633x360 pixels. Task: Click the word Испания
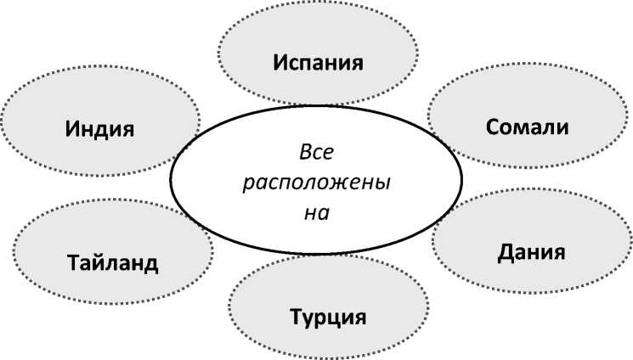tap(318, 63)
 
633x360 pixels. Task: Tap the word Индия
tap(101, 129)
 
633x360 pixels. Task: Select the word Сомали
tap(527, 127)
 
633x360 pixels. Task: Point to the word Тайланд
tap(112, 262)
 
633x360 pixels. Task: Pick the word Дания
tap(531, 252)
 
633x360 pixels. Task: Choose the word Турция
tap(327, 318)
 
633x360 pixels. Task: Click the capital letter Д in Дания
tap(505, 253)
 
